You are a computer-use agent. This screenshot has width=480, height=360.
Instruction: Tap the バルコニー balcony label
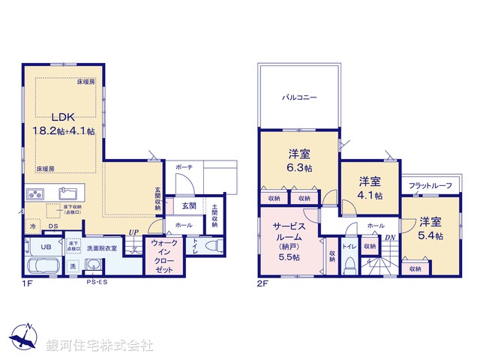[x=299, y=97]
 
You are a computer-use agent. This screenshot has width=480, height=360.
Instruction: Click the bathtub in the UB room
[x=45, y=267]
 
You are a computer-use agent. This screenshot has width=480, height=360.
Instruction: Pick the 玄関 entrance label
[x=189, y=205]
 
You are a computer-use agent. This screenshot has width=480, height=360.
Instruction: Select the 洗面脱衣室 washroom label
[x=103, y=247]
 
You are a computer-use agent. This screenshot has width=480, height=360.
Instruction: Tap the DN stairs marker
[x=390, y=239]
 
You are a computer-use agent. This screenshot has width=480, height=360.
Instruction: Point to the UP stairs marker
[x=133, y=232]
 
